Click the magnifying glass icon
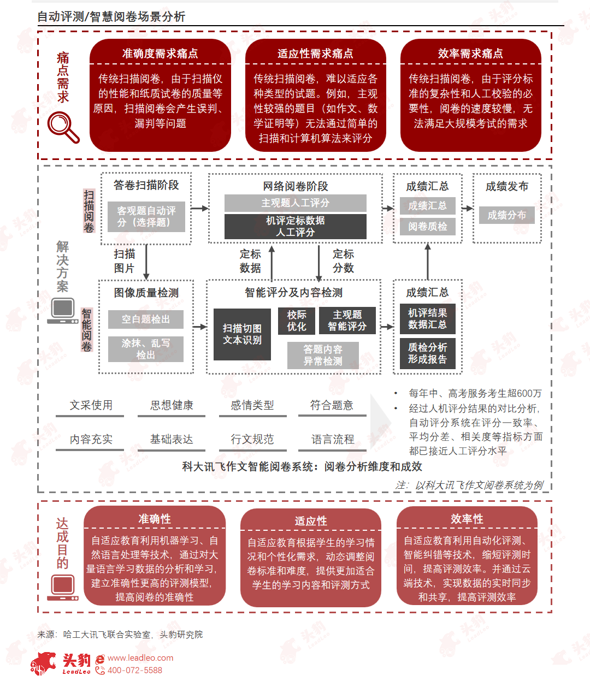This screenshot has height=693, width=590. point(63,127)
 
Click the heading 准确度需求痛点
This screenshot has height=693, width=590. point(160,54)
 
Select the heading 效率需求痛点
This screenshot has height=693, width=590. point(470,54)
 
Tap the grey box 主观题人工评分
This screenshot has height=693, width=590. point(295,203)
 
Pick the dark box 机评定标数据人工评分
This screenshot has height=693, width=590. point(295,226)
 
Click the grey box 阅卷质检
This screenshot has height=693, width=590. point(427,226)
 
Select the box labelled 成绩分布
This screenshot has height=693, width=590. point(506,215)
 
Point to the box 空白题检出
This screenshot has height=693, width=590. point(145,319)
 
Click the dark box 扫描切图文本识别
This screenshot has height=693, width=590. point(242,334)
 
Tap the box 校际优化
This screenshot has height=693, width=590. point(297,321)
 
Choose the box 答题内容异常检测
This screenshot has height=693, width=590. point(323,356)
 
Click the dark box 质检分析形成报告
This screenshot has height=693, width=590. point(427,353)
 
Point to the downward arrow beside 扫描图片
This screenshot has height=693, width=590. point(146,262)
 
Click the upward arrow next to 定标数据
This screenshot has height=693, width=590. point(272,263)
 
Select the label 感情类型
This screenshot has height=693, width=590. point(252,405)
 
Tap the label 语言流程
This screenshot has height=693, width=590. point(332,439)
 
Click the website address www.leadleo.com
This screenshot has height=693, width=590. point(140,658)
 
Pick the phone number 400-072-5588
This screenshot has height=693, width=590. point(134,670)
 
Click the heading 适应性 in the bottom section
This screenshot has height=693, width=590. point(311,521)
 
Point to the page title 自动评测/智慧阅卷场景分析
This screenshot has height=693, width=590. point(111,16)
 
